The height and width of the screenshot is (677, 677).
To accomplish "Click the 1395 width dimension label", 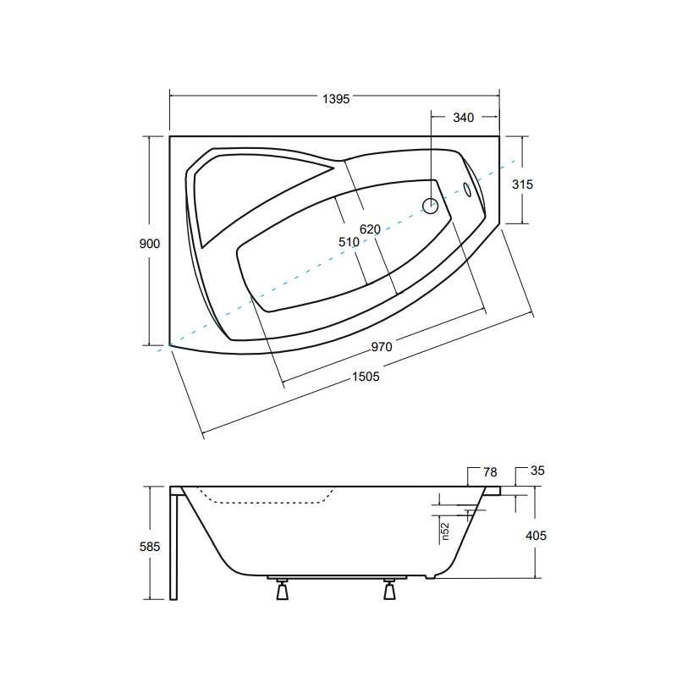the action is [336, 99].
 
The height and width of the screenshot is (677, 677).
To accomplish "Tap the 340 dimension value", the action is [463, 118].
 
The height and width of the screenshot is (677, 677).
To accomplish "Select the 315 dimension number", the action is [522, 184].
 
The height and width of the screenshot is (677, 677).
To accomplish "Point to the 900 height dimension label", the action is [150, 244].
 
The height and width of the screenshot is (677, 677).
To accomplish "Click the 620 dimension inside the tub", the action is [370, 229].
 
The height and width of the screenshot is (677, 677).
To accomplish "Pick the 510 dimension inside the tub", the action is [349, 242].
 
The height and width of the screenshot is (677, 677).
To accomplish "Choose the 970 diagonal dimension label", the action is [382, 347].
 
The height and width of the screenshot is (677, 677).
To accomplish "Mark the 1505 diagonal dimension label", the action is [366, 377].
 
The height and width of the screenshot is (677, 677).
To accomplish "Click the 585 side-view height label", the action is [150, 547].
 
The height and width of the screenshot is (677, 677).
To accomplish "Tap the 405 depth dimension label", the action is [536, 536].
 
